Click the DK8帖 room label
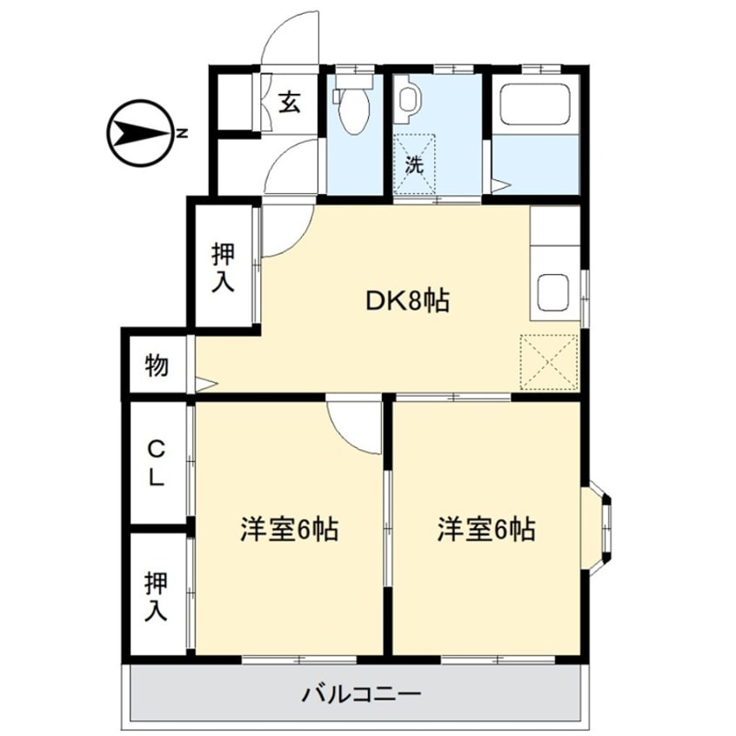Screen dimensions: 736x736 pyautogui.click(x=405, y=301)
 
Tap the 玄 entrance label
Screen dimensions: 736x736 pyautogui.click(x=291, y=103)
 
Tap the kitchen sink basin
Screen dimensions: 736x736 pyautogui.click(x=553, y=291)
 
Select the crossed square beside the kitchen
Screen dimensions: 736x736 pyautogui.click(x=550, y=361)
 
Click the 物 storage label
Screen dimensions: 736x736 pyautogui.click(x=157, y=366)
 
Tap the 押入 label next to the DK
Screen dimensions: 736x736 pyautogui.click(x=224, y=267)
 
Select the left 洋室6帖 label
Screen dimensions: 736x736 pyautogui.click(x=290, y=528)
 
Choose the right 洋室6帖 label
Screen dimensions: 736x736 pyautogui.click(x=485, y=528)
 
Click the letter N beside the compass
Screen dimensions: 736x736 pyautogui.click(x=182, y=134)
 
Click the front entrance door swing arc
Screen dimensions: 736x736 pyautogui.click(x=292, y=39)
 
